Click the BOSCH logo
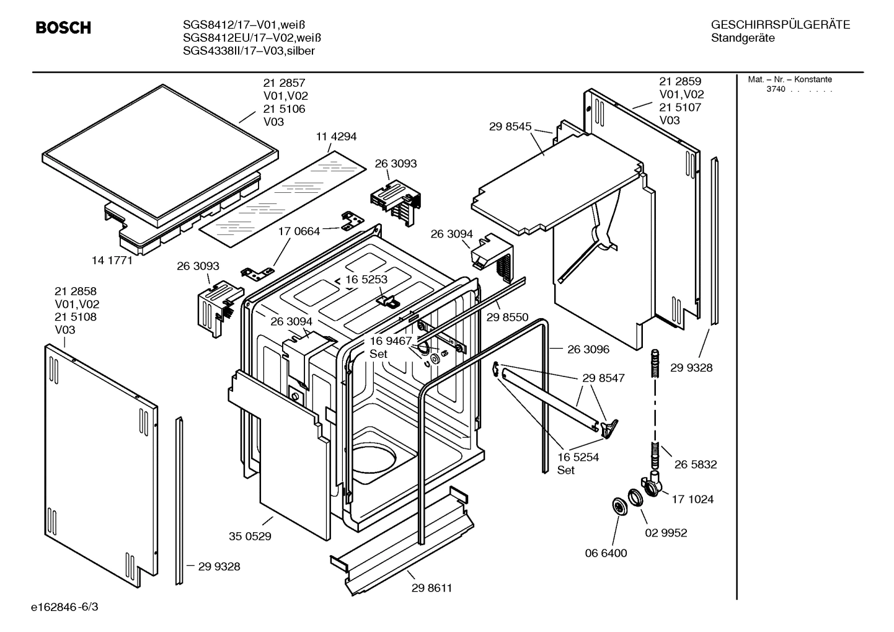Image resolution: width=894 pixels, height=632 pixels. point(63,28)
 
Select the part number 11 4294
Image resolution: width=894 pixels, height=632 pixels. point(336,136)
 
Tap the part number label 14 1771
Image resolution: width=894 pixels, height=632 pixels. point(112,260)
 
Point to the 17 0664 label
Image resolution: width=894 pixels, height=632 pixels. point(299,231)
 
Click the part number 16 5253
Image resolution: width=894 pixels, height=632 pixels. point(366,279)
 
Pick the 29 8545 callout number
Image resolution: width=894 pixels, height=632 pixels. point(510,127)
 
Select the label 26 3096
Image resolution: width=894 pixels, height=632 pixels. point(588,349)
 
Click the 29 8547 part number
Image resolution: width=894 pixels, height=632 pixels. point(603,378)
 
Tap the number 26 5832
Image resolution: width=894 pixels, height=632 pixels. point(695,464)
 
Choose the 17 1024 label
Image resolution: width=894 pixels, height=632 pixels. point(693,499)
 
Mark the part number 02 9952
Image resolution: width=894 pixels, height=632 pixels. point(666,533)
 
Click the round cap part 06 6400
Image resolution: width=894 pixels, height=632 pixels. point(618,506)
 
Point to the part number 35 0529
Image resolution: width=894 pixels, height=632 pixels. point(250,536)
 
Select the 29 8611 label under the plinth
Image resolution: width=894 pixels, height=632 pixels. point(432,588)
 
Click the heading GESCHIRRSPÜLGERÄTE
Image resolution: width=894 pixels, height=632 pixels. point(780,25)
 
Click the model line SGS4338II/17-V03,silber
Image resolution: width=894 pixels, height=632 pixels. point(249,51)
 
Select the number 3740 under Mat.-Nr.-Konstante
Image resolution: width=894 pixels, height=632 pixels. point(776,89)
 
